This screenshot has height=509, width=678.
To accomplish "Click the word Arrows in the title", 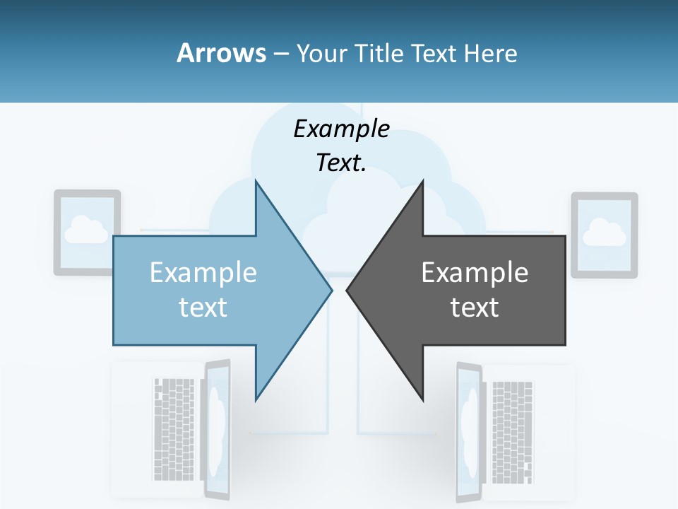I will [221, 53].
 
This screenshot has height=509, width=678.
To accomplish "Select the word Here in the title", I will [490, 53].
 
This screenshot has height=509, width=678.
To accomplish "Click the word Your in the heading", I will [321, 53].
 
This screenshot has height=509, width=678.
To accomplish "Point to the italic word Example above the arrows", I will [342, 129].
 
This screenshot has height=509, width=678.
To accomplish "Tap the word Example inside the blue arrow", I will [203, 273].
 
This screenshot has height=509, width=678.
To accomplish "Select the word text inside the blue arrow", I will [203, 308].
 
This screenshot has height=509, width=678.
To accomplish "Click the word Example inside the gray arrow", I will [475, 273].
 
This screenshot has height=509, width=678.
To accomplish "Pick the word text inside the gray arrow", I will [475, 308].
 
